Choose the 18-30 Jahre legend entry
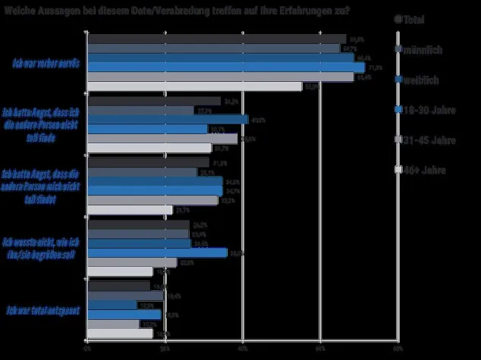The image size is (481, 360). (x=429, y=109)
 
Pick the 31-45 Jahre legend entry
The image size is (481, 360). (x=429, y=139)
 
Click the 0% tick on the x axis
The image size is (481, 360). (x=88, y=350)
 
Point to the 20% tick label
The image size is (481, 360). (x=165, y=350)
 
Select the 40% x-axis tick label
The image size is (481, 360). (x=243, y=350)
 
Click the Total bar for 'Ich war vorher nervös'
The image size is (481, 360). (x=216, y=39)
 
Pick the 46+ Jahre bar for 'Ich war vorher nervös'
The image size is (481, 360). (x=194, y=86)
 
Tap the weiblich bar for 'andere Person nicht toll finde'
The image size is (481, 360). (x=168, y=120)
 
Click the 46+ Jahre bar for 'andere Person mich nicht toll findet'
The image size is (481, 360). (x=130, y=210)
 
